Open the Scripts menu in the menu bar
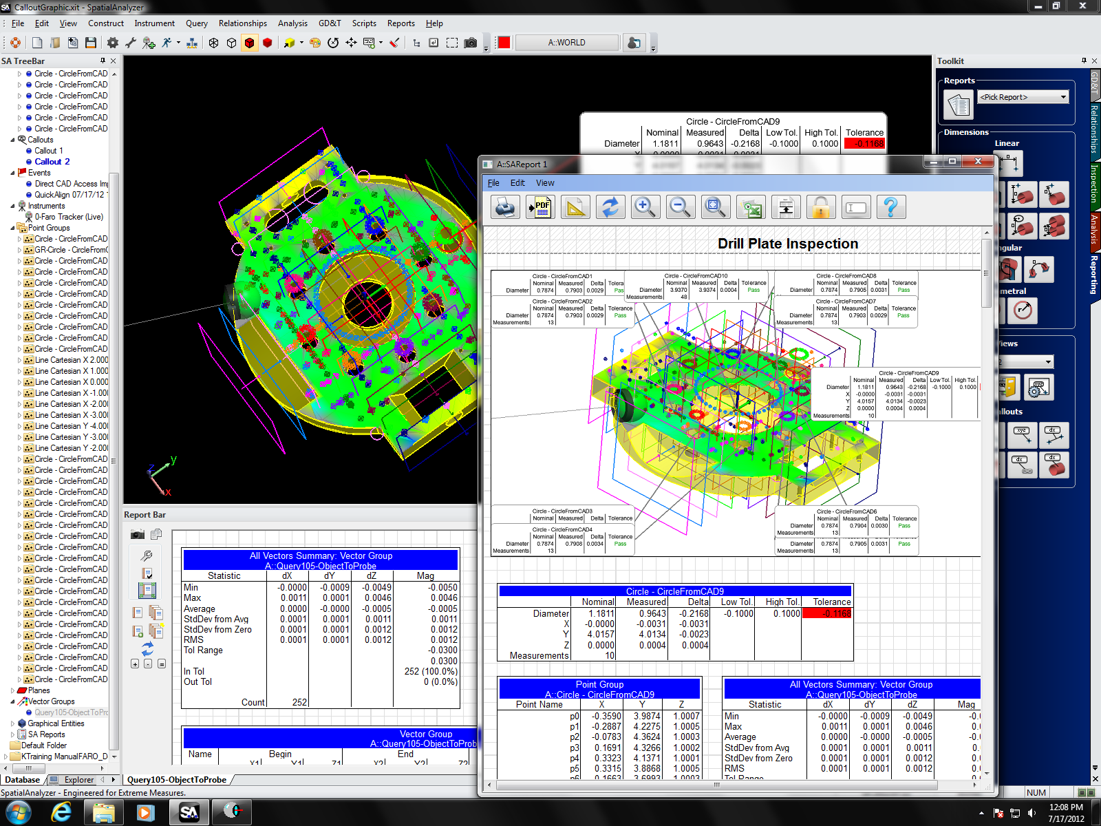[x=364, y=23]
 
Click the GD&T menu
[x=330, y=23]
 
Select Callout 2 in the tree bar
[x=52, y=162]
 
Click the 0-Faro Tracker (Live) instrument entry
[x=69, y=217]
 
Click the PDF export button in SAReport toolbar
[x=540, y=207]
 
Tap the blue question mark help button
[x=890, y=207]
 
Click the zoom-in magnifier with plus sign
[x=645, y=207]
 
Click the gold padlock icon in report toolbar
[x=820, y=207]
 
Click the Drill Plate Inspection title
[x=787, y=244]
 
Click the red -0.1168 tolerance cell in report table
[x=826, y=613]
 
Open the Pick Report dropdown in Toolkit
[x=1024, y=97]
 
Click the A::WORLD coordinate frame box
[x=567, y=43]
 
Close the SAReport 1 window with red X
[x=977, y=162]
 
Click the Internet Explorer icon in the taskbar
[x=62, y=812]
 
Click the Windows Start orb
[x=19, y=812]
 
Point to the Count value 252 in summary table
[x=299, y=702]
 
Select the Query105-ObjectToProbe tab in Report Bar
[x=177, y=780]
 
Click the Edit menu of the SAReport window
[x=517, y=183]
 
